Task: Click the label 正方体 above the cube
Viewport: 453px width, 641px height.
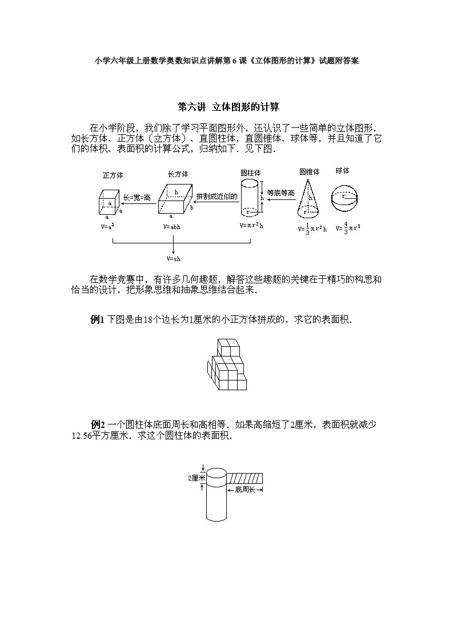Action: (113, 175)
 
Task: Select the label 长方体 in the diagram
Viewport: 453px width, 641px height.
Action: (178, 174)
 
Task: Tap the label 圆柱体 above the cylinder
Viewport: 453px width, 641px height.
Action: (251, 172)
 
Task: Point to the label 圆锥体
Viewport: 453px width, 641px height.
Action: (309, 171)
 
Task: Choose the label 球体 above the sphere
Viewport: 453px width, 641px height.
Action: (343, 171)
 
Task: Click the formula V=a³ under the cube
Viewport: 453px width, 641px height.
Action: (107, 226)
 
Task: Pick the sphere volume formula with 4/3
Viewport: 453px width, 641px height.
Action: (348, 229)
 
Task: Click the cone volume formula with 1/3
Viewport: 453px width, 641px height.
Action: (312, 229)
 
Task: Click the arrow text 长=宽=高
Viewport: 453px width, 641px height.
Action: (137, 198)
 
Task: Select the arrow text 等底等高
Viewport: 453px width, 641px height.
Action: (280, 193)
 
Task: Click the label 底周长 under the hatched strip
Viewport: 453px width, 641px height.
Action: (246, 490)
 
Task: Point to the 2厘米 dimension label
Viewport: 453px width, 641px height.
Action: (196, 478)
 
